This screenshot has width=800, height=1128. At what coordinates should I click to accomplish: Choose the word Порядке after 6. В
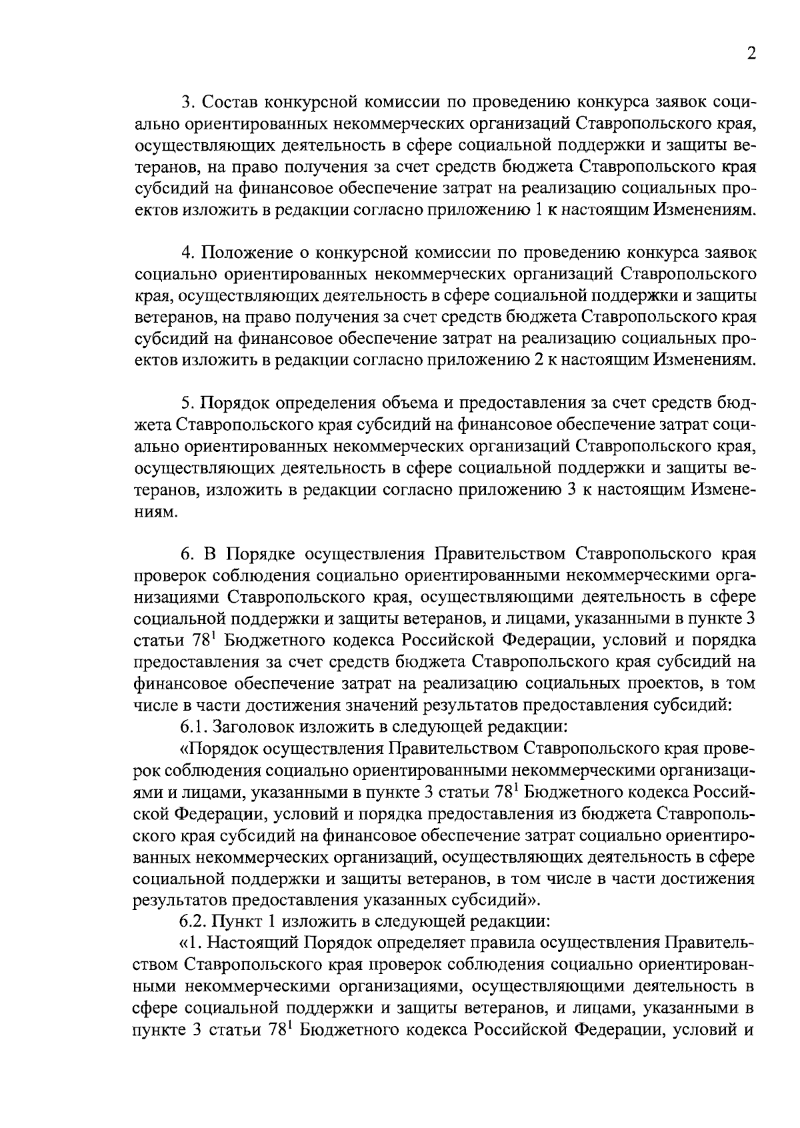[261, 555]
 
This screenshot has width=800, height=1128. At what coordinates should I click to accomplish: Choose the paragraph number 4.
[187, 253]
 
